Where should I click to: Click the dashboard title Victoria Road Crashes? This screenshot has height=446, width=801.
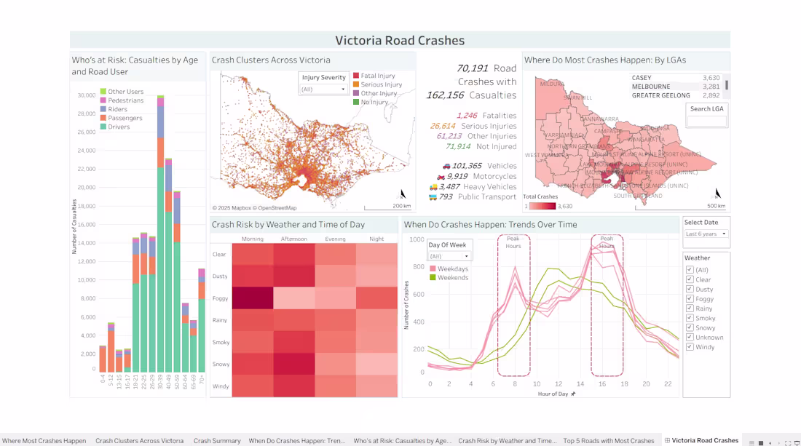click(399, 41)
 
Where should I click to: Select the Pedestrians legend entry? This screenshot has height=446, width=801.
click(125, 100)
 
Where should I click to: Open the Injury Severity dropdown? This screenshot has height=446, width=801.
click(324, 89)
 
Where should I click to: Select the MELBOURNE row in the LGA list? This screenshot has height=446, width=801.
click(650, 87)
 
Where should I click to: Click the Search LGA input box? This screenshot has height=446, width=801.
click(706, 122)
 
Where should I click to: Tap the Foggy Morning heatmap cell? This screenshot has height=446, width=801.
click(253, 298)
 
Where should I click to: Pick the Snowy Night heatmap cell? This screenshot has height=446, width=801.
click(377, 364)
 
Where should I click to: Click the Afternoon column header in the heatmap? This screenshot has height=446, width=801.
click(294, 239)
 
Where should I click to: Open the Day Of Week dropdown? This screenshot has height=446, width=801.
click(449, 256)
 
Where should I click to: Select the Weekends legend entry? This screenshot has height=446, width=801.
click(453, 278)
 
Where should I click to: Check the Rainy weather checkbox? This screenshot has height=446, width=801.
click(690, 308)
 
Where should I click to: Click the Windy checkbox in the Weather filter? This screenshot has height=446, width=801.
click(690, 347)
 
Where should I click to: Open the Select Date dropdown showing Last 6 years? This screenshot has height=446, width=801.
click(706, 234)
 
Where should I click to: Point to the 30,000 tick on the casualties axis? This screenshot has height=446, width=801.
click(87, 95)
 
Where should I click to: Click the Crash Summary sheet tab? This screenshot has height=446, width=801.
click(217, 441)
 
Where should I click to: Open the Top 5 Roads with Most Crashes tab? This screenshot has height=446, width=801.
click(609, 441)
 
